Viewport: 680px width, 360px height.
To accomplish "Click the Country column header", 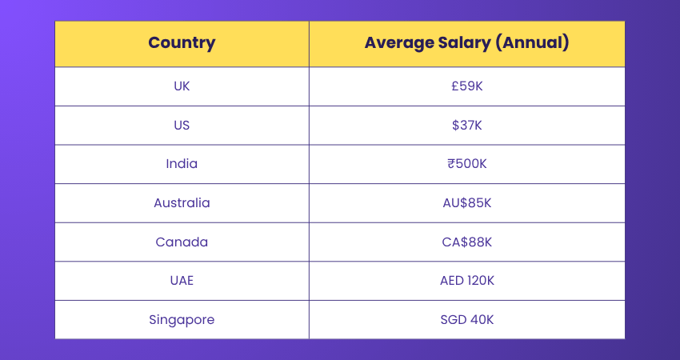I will click(x=182, y=43).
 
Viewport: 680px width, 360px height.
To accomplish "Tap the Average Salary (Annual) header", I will click(x=466, y=43).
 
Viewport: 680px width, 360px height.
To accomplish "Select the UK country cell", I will click(x=182, y=86).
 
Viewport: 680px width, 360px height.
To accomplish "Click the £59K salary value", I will click(x=467, y=86).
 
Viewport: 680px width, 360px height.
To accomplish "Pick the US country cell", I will click(x=182, y=126).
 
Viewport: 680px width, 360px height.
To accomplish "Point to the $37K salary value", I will click(x=467, y=126).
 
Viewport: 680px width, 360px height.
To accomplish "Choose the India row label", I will click(x=182, y=164).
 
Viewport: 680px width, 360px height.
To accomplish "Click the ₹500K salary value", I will click(x=467, y=164).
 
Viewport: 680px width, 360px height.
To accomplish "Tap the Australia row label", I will click(x=182, y=203).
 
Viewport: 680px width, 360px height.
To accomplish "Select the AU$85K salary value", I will click(x=467, y=203).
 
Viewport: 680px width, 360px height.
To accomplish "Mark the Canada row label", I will click(x=182, y=242).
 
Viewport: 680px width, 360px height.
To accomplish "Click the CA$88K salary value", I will click(x=467, y=242).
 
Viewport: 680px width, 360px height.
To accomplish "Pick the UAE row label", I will click(x=182, y=281).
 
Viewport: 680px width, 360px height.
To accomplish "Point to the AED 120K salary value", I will click(x=467, y=281).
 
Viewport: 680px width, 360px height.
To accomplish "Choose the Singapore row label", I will click(x=182, y=320).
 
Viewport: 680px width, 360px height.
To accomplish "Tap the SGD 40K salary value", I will click(x=467, y=320).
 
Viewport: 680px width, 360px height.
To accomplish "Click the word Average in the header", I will click(x=398, y=43).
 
